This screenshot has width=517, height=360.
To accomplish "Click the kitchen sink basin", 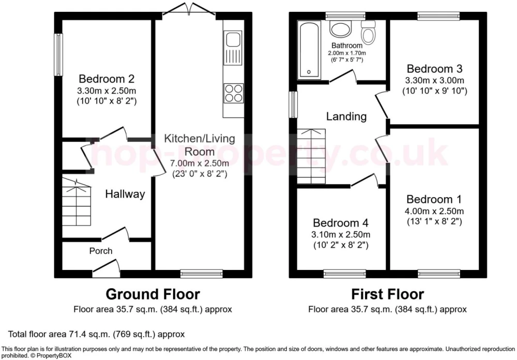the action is (234, 39).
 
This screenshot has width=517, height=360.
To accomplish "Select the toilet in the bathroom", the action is (368, 33).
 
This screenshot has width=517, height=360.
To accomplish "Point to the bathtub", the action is (309, 50).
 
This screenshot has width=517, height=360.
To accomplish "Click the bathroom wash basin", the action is (341, 29).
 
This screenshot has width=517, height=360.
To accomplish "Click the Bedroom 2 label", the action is (107, 79).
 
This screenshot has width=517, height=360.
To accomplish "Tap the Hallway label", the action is (125, 194).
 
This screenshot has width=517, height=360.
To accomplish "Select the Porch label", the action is (101, 251).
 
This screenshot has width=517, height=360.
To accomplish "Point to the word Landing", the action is (346, 116).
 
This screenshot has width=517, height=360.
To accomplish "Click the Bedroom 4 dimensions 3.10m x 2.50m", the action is (341, 235).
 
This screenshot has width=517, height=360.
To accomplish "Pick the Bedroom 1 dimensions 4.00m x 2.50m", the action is (434, 211).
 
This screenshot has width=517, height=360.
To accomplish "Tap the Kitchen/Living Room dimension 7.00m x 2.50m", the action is (200, 163).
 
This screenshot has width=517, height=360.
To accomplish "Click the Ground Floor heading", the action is (153, 294).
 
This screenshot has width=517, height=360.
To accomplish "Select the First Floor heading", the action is (387, 294).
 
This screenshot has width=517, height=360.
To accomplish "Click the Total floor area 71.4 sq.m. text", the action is (96, 334).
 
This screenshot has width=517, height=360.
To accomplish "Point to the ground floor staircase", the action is (77, 202).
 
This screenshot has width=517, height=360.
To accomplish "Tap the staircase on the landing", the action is (311, 156).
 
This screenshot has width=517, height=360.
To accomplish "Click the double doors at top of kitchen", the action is (189, 9).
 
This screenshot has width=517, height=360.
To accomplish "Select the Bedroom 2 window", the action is (58, 55).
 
